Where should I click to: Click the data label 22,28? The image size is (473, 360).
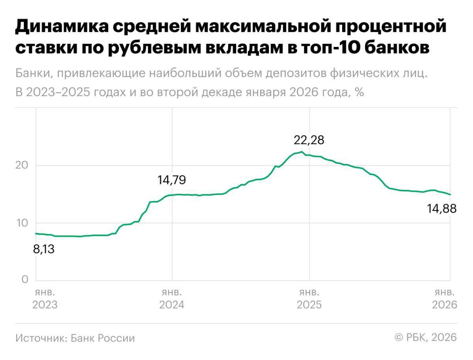[x=309, y=140]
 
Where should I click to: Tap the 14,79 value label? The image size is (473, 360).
[x=171, y=180]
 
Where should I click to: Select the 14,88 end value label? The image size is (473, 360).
[x=442, y=209]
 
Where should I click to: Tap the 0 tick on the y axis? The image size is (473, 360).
[x=26, y=280]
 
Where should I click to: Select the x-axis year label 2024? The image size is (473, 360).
[x=171, y=305]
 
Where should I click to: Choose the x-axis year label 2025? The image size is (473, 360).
[x=309, y=305]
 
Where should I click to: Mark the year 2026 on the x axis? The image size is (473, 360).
[x=445, y=305]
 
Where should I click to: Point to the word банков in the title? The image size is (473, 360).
[x=399, y=47]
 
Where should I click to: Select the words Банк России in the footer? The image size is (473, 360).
[x=103, y=338]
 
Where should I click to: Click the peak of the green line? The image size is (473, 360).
[x=302, y=152]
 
